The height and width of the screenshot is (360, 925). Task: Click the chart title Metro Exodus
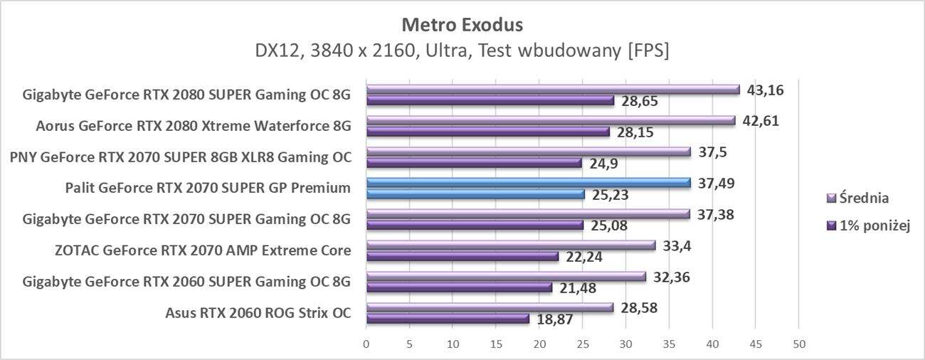462,25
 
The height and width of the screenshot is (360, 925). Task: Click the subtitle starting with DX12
462,51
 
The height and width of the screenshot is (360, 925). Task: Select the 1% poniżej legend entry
869,226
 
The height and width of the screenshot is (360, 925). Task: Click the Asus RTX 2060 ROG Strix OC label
258,313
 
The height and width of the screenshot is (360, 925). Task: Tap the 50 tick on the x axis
799,344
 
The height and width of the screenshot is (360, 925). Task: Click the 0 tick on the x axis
366,344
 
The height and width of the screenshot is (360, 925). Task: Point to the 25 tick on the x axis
583,344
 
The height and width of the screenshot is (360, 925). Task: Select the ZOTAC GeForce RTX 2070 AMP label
203,250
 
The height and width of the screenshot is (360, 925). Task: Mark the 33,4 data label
676,245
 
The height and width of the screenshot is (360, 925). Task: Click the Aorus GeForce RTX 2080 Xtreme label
194,127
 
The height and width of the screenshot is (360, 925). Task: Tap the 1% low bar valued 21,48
459,287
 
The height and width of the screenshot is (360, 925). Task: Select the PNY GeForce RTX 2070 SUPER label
181,157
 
